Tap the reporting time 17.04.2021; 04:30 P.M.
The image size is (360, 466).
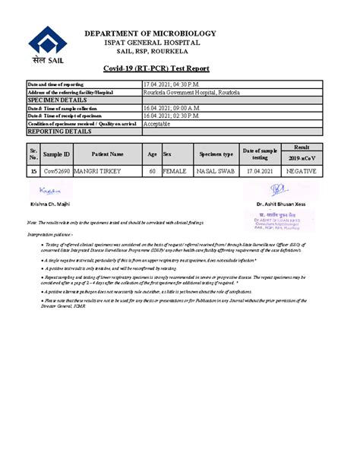tap(170, 84)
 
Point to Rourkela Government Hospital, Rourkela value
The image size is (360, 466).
tap(191, 91)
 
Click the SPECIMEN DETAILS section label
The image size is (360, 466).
tap(56, 100)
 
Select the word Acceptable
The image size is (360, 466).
tap(159, 123)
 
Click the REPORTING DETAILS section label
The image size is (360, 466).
tap(59, 132)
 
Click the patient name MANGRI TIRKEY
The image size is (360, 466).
tap(98, 172)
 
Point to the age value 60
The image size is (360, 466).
tap(152, 172)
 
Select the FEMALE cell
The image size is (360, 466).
tap(175, 172)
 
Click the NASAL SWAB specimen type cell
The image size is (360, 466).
tap(216, 172)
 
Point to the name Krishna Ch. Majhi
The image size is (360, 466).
tap(51, 204)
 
